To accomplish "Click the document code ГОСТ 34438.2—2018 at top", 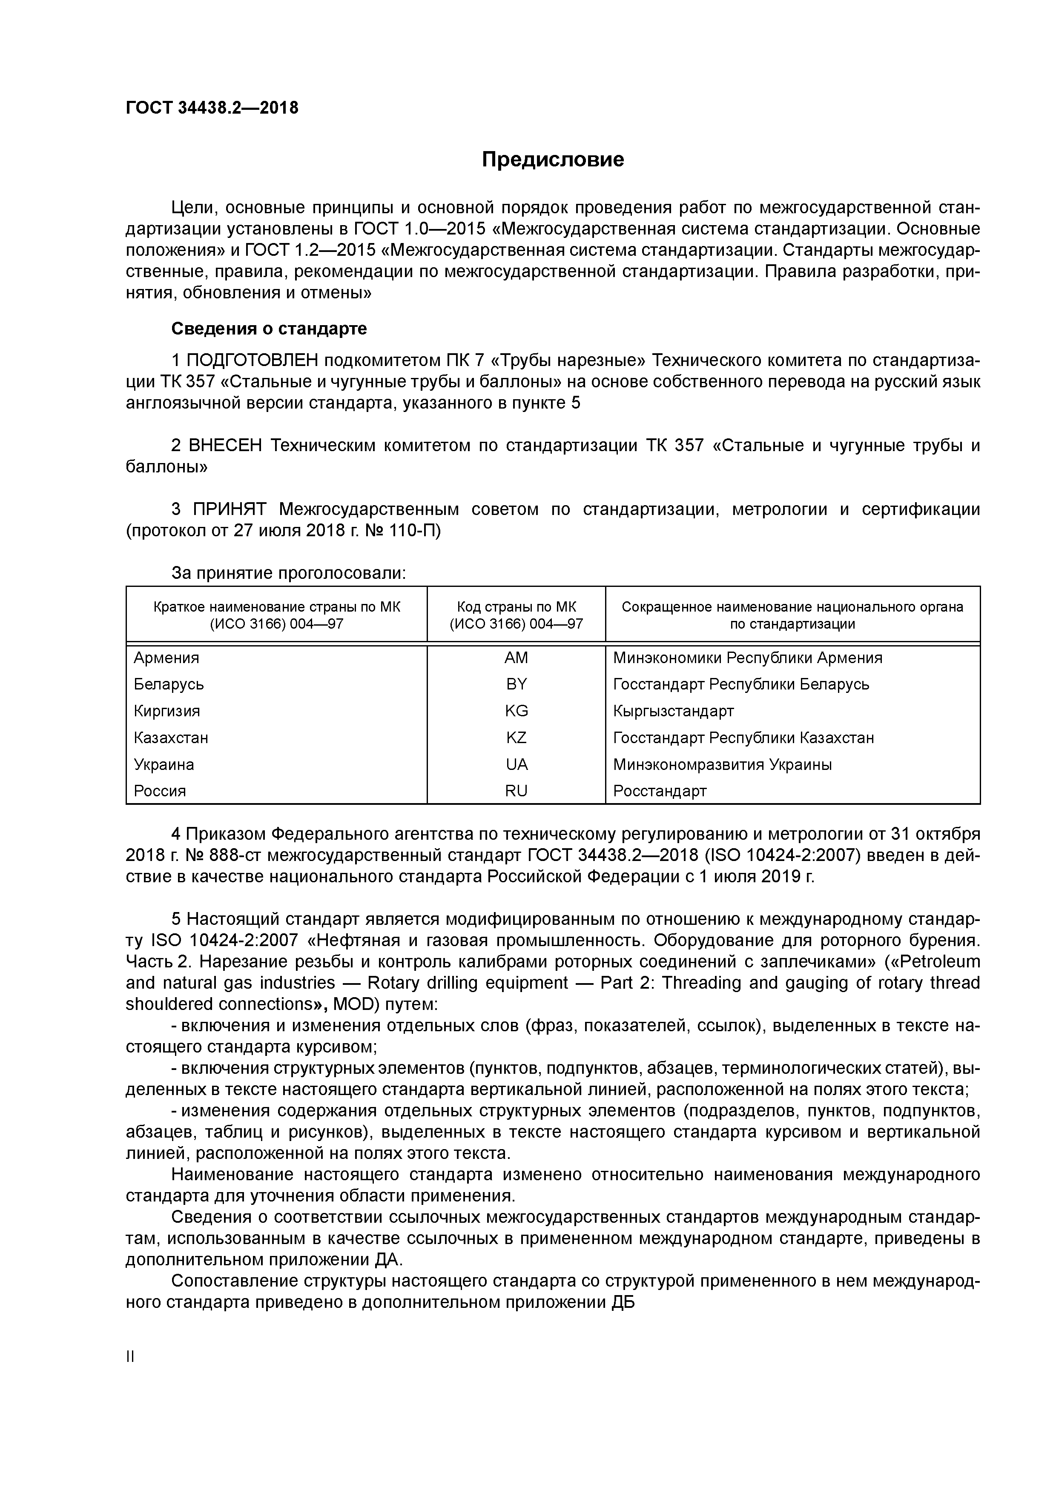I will click(212, 108).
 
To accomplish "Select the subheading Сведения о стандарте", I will click(269, 329).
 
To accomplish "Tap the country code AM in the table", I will click(516, 658).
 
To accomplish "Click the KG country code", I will click(516, 711).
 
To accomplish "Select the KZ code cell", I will click(516, 738).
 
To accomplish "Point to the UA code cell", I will click(516, 765).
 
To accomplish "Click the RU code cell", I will click(516, 791).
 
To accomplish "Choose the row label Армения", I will click(166, 658).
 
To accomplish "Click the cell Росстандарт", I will click(659, 791).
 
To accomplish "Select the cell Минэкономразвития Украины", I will click(722, 765).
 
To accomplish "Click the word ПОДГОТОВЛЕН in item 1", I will click(252, 361).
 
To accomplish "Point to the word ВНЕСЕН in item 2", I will click(226, 446).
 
